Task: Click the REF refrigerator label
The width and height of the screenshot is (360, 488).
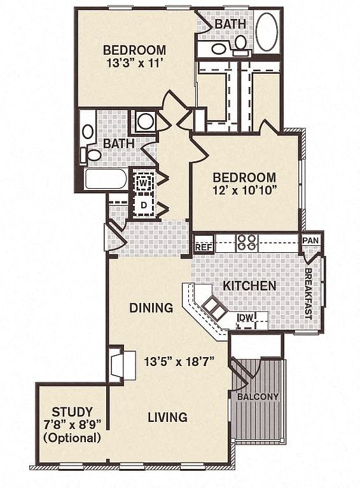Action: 204,247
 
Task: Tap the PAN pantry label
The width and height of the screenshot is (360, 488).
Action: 311,240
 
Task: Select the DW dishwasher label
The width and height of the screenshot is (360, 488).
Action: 246,317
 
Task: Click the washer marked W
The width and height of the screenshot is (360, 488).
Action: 143,182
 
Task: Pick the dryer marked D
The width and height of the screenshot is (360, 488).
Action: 143,205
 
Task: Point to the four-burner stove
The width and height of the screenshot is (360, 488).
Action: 247,243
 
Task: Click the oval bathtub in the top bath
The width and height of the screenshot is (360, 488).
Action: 267,32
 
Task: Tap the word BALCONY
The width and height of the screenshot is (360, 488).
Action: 258,396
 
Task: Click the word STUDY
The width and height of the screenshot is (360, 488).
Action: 72,412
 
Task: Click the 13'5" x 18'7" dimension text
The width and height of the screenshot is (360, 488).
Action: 180,362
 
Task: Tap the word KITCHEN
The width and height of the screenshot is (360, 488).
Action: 249,286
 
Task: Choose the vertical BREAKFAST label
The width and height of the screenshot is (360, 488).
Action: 308,294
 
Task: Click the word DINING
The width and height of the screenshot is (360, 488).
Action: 151,308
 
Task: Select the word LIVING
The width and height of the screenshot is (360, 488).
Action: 167,417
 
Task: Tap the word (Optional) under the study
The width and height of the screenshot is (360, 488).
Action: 73,438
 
